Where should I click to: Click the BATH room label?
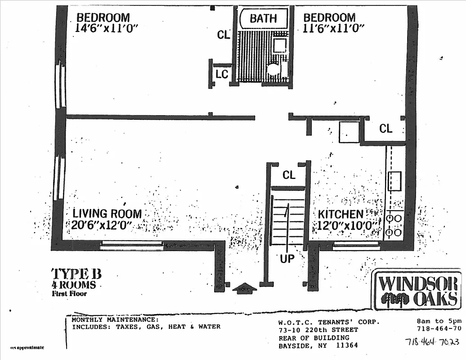click(264, 18)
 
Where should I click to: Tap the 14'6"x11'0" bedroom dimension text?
click(107, 28)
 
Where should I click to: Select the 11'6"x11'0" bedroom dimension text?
click(333, 28)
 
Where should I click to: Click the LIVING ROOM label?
click(108, 214)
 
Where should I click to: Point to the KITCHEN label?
click(341, 214)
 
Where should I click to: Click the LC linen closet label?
click(222, 74)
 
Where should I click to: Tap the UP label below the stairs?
click(287, 259)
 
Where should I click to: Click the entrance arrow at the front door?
click(245, 288)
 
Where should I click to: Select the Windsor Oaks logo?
click(417, 290)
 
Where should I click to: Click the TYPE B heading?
click(76, 274)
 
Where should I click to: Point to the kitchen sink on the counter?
click(395, 181)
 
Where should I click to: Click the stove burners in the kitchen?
click(394, 225)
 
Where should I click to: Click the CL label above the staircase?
click(289, 175)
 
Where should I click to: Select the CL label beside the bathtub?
click(224, 35)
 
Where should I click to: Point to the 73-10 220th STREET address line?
click(318, 330)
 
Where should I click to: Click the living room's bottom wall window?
click(131, 245)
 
